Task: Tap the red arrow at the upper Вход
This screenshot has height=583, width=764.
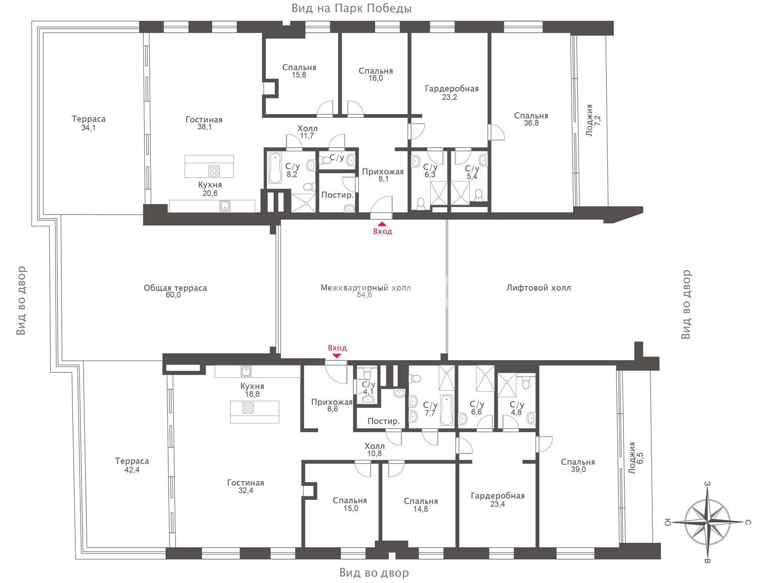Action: point(382,224)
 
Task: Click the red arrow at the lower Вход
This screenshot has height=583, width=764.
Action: point(337,356)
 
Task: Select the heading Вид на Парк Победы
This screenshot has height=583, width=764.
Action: point(351,8)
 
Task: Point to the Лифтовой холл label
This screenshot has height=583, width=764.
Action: point(538,288)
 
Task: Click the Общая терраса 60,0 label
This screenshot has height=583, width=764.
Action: point(175,291)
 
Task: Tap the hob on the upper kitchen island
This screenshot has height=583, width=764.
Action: point(214,170)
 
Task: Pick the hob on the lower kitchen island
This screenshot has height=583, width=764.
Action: point(248,407)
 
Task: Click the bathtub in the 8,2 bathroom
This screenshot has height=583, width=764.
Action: point(275,168)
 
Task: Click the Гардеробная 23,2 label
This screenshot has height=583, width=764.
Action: point(451,92)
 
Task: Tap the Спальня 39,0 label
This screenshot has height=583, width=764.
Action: point(578,466)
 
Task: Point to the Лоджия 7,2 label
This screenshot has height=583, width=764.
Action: point(593,120)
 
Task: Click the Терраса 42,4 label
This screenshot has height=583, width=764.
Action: point(132,465)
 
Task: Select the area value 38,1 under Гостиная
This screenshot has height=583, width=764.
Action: point(204,127)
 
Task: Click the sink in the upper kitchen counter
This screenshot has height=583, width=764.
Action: point(225,206)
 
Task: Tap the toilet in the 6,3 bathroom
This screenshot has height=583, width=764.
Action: point(421,203)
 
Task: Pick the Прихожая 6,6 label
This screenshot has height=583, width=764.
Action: point(332,405)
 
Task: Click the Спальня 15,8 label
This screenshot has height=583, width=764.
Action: point(299,71)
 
